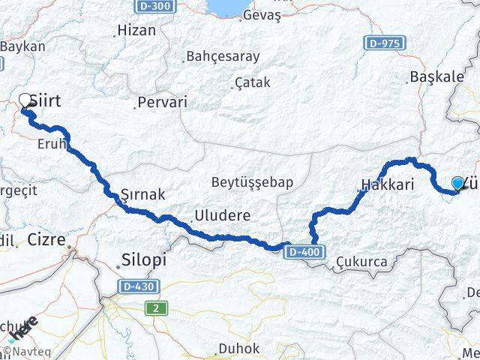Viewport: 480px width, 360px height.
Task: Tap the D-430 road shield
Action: click(x=137, y=286)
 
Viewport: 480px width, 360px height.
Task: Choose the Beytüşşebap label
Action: click(x=251, y=181)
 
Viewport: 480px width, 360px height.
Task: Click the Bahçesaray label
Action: click(x=222, y=56)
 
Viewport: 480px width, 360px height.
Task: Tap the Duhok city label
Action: click(x=238, y=349)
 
